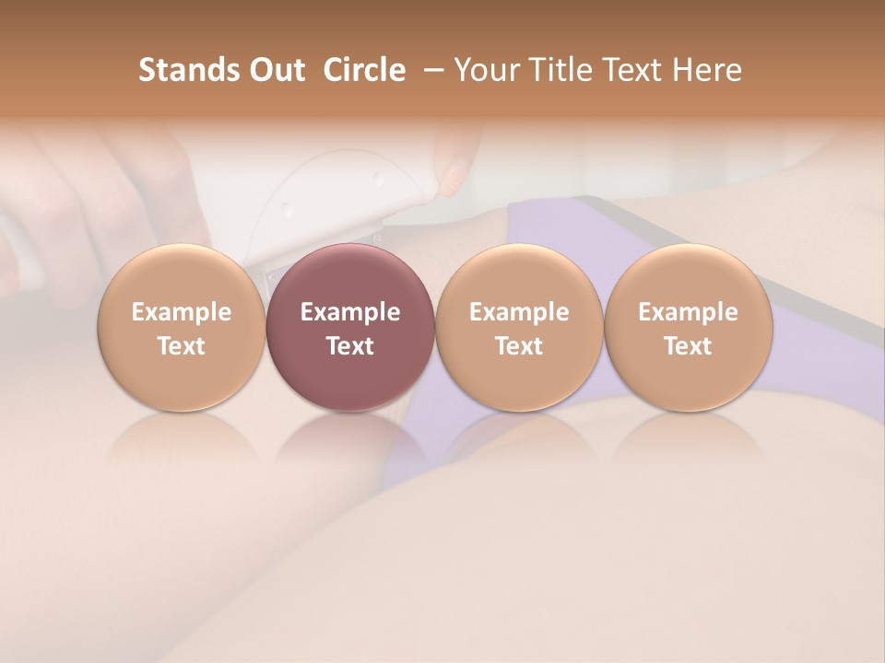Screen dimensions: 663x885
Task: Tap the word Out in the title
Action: [x=274, y=70]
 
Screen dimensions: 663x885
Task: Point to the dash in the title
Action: [x=430, y=71]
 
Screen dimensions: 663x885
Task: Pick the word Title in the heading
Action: [x=561, y=70]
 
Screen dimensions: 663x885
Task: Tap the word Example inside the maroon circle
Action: [x=350, y=312]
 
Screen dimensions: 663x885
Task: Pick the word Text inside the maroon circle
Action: [x=350, y=346]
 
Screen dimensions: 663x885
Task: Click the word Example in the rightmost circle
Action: [x=689, y=312]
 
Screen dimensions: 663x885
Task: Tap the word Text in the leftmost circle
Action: [x=182, y=346]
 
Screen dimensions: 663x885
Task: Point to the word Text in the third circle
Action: [x=519, y=346]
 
